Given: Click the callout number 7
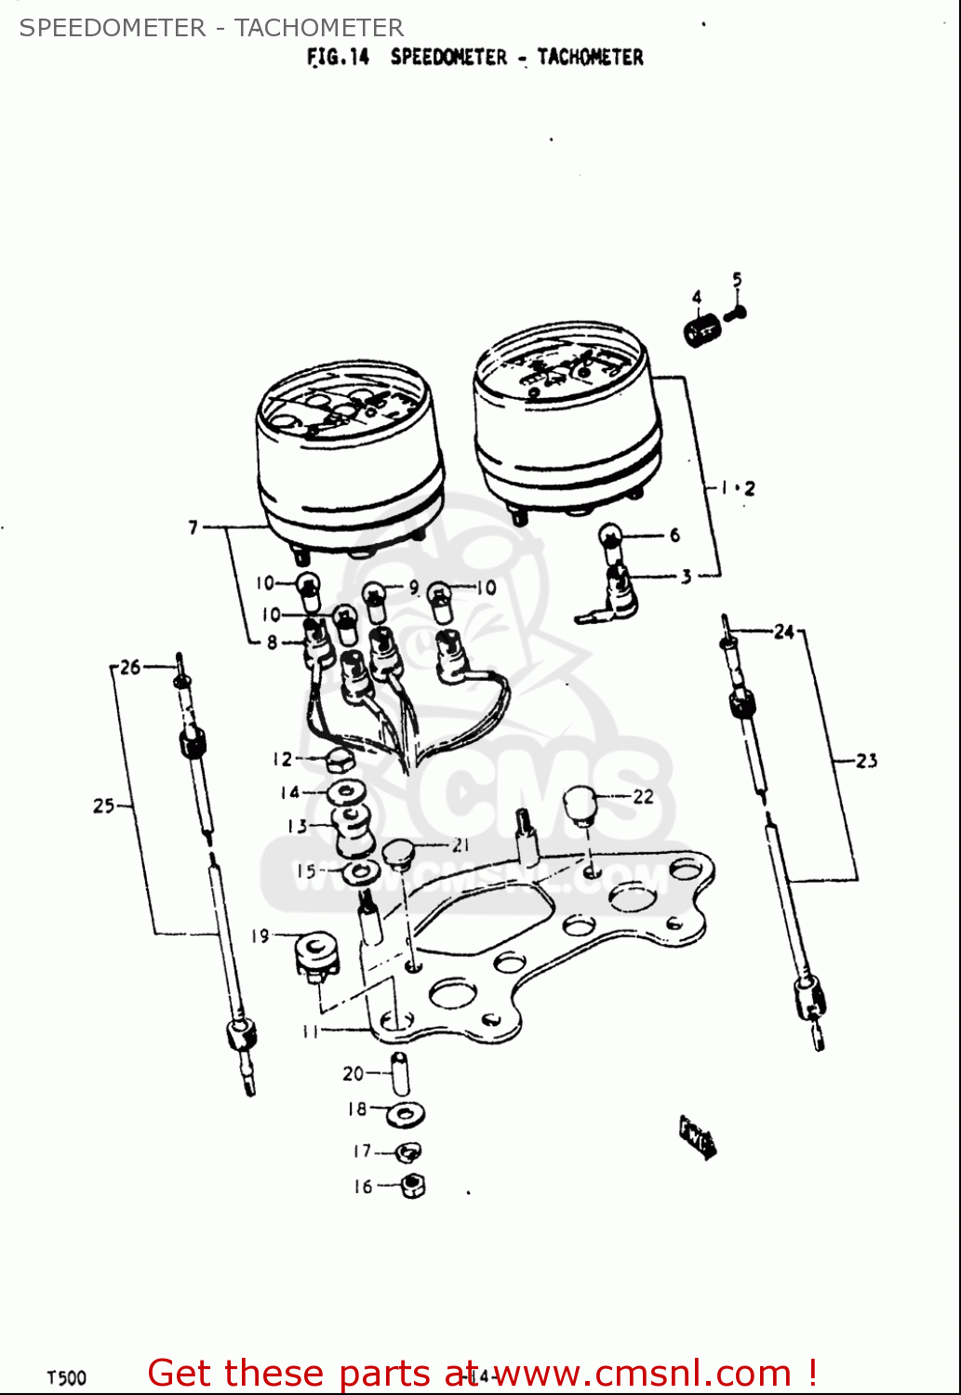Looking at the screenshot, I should click(x=194, y=527).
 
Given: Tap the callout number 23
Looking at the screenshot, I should click(x=866, y=761).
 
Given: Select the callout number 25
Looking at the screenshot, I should click(x=103, y=805).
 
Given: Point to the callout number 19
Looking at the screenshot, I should click(x=260, y=936).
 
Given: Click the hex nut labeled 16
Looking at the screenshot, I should click(x=413, y=1186).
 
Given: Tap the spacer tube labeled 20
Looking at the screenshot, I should click(x=399, y=1075).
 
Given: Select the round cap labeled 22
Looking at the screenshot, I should click(x=580, y=804).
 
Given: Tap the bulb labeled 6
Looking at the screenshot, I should click(x=609, y=536).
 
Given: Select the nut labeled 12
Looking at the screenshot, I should click(x=340, y=762).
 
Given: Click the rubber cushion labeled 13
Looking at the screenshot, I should click(x=352, y=829).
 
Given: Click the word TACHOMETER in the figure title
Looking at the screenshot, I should click(x=590, y=57).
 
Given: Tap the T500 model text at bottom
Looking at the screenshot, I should click(x=66, y=1377).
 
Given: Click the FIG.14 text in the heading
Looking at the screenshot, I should click(x=338, y=57).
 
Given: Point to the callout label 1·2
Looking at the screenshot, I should click(x=738, y=487).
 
